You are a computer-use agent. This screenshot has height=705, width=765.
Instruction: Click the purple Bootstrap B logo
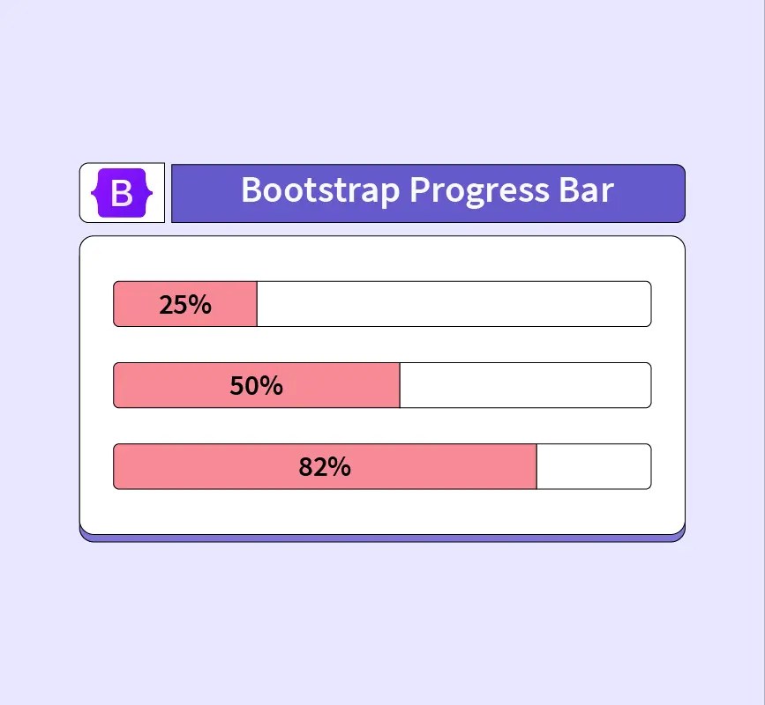[122, 192]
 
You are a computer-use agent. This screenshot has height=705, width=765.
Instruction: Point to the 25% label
[185, 305]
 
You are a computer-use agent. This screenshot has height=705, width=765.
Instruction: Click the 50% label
[256, 386]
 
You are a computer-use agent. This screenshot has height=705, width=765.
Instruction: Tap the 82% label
[325, 467]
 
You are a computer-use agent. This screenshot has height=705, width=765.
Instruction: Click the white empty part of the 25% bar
[454, 304]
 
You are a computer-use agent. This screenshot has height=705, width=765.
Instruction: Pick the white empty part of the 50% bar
[525, 385]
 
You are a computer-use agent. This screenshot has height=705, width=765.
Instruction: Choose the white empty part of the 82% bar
[593, 466]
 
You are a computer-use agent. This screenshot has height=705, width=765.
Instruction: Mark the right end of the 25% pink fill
[256, 304]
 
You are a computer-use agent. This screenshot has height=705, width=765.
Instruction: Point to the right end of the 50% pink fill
[399, 385]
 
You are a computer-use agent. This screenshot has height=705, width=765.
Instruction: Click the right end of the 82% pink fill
[536, 466]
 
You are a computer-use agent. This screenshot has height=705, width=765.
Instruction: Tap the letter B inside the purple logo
[122, 193]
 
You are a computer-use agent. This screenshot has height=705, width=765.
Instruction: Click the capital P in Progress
[421, 190]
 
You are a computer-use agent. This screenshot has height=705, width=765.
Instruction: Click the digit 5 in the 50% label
[236, 386]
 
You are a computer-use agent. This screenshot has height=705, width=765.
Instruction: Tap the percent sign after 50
[271, 386]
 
